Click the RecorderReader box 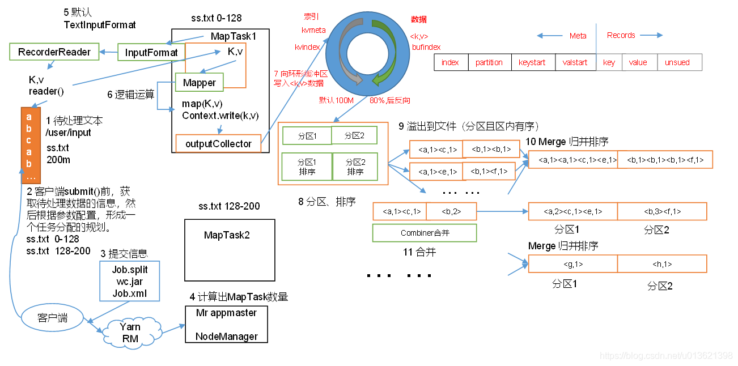tap(54, 52)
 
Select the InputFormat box tap(151, 53)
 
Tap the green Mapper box tap(199, 83)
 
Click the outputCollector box tap(218, 144)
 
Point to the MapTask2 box tap(230, 250)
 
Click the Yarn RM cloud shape tap(130, 333)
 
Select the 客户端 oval tap(52, 318)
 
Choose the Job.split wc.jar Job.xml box tap(130, 280)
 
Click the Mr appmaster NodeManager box tap(226, 324)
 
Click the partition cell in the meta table tap(489, 62)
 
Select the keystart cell tap(532, 62)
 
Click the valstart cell tap(575, 62)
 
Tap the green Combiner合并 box tap(424, 233)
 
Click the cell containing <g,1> tap(572, 264)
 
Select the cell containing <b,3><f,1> tap(662, 211)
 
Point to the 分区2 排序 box tap(355, 168)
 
